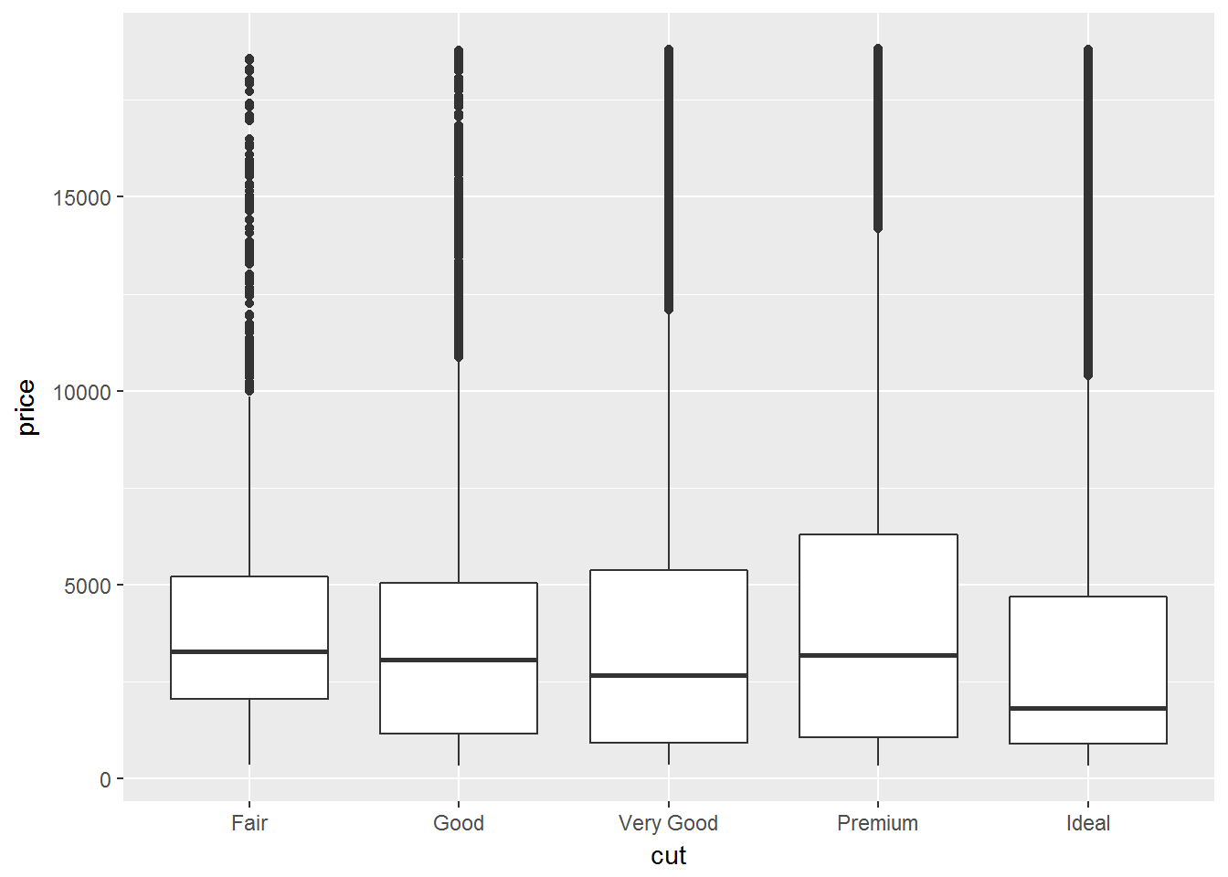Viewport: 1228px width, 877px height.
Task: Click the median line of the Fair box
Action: (249, 651)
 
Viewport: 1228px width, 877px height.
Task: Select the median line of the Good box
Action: (459, 660)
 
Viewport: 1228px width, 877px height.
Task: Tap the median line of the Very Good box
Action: (669, 675)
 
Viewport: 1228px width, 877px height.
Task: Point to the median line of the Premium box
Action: (878, 655)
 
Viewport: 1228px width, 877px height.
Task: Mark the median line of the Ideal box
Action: (1088, 709)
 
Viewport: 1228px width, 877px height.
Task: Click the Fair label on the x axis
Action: (249, 823)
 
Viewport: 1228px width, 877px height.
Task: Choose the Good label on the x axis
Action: (459, 823)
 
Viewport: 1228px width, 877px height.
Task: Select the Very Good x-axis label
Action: (668, 824)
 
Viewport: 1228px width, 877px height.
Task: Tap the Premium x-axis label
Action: (878, 823)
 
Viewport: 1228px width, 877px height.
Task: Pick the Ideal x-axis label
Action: (1088, 823)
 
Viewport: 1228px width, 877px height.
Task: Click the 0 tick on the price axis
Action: (105, 779)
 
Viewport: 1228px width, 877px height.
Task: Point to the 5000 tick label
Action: (88, 586)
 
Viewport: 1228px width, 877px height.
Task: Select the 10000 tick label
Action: (81, 392)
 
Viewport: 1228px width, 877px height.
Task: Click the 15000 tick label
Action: (81, 198)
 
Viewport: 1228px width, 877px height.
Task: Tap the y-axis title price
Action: (26, 407)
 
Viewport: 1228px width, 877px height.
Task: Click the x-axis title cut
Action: (668, 856)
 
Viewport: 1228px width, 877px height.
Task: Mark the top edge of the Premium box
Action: (878, 534)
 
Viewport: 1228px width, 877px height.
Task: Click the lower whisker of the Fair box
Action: (249, 732)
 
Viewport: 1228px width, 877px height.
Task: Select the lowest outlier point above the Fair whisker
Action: (249, 390)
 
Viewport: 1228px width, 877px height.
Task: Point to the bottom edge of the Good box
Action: (459, 734)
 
